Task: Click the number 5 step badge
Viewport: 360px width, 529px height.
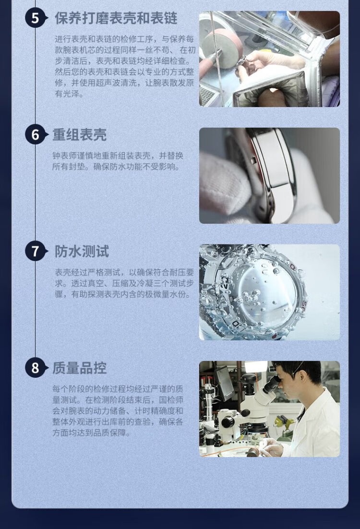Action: pyautogui.click(x=35, y=18)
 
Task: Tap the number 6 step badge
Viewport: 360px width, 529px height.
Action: pyautogui.click(x=35, y=134)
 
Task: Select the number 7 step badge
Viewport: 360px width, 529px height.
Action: pyautogui.click(x=35, y=252)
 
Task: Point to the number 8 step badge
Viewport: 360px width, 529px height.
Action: pyautogui.click(x=35, y=368)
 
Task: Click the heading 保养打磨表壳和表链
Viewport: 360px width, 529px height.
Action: pyautogui.click(x=116, y=18)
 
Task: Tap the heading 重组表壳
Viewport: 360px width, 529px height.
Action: pyautogui.click(x=80, y=134)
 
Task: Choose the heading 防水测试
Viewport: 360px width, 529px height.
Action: pyautogui.click(x=82, y=252)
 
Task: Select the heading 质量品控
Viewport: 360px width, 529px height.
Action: pyautogui.click(x=80, y=368)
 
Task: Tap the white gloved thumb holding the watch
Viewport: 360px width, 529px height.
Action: pyautogui.click(x=224, y=184)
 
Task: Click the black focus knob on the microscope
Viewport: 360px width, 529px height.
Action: pyautogui.click(x=228, y=422)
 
